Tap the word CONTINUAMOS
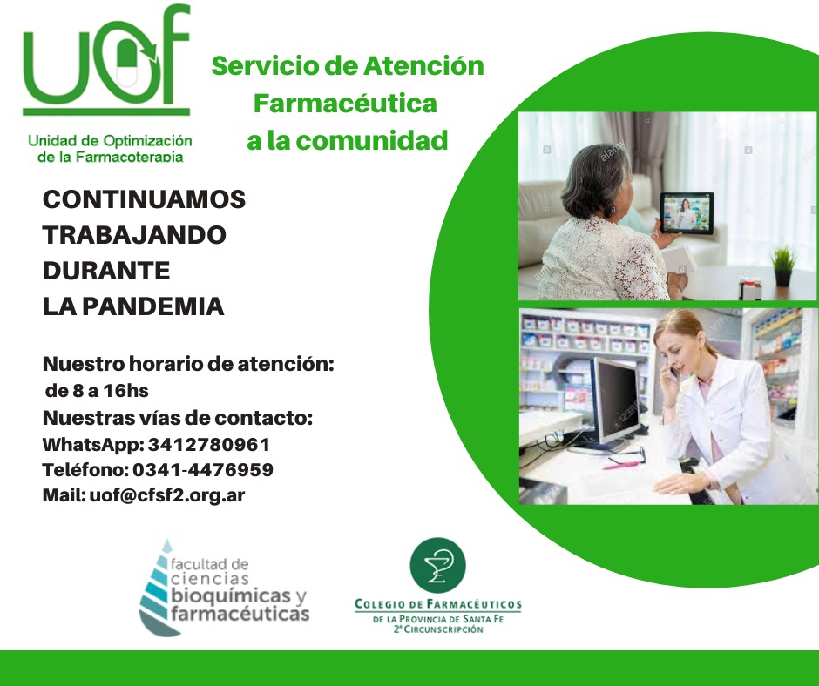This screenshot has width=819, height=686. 144,199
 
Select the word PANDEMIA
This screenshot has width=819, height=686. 153,306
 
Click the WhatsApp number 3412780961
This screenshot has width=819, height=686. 209,445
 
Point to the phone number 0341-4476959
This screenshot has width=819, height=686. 203,470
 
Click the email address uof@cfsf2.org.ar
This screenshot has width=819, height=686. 167,495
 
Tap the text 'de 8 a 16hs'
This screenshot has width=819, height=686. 98,391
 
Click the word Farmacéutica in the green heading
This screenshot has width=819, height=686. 345,104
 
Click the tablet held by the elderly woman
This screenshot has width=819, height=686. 687,213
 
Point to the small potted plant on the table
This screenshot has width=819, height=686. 782,266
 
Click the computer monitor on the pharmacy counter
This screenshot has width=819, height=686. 615,401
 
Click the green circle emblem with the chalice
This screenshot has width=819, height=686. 437,565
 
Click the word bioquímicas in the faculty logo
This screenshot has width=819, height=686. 230,595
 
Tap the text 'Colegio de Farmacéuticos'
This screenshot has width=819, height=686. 438,604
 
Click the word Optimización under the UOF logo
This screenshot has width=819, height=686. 147,141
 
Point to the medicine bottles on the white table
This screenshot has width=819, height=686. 749,290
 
